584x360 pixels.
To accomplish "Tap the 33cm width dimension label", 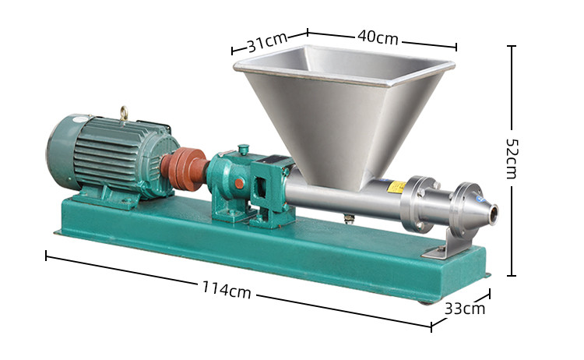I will point(465,308).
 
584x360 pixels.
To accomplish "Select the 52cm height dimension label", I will point(511,159).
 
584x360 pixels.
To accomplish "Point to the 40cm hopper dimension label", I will point(378,37).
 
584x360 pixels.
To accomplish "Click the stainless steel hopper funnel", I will point(343,109).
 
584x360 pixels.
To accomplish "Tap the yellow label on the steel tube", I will point(397,187).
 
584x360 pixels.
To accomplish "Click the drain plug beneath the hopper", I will point(348,219).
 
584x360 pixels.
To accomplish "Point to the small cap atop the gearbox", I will point(244,148).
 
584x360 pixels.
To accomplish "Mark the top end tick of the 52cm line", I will point(512,47).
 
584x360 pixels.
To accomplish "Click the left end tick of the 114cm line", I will point(47,255).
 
